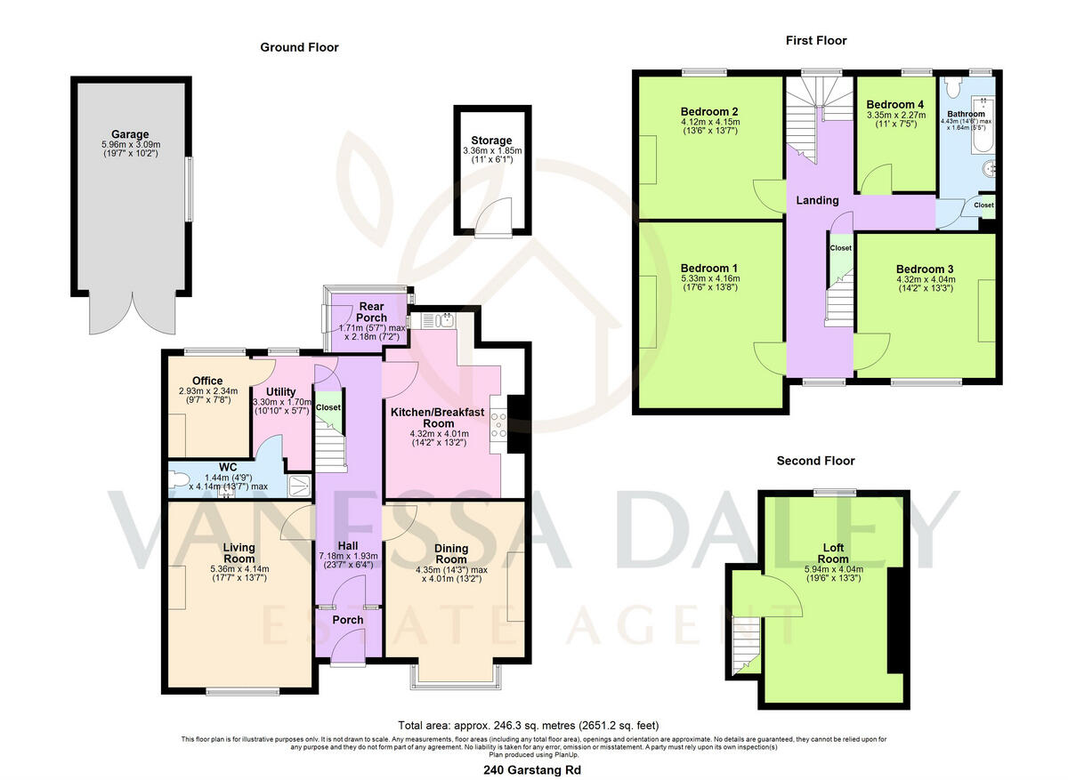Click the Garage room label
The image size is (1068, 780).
(130, 134)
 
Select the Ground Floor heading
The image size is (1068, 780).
(299, 47)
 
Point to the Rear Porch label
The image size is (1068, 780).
(371, 312)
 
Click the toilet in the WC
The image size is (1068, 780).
(181, 481)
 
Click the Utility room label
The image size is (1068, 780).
(281, 391)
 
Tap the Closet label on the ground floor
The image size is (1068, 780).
(328, 407)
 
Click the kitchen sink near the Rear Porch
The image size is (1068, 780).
(447, 320)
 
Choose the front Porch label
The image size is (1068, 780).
(347, 620)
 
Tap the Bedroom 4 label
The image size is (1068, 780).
(895, 104)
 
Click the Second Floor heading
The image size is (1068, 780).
(815, 461)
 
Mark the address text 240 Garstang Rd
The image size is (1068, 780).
(534, 770)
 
